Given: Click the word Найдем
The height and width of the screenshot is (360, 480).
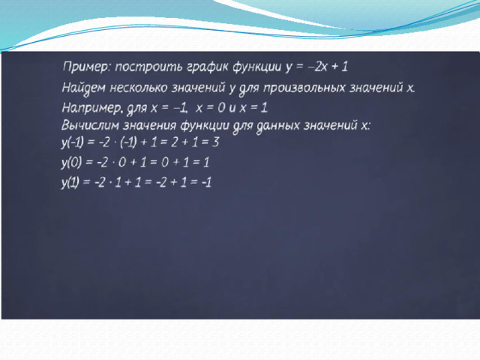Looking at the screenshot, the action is (x=83, y=88).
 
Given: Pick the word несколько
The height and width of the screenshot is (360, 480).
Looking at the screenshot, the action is (x=139, y=88).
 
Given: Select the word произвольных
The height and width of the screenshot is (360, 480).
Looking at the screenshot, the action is (x=304, y=88).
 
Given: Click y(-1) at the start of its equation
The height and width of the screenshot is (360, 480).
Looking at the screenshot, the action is (x=72, y=142).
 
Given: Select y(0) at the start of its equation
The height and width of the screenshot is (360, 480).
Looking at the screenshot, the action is (x=71, y=163).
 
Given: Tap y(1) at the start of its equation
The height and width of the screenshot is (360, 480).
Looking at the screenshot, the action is (x=70, y=182).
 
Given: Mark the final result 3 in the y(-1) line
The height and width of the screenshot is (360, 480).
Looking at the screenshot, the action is (x=215, y=142).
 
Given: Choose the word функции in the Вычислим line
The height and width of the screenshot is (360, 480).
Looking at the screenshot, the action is (x=205, y=126).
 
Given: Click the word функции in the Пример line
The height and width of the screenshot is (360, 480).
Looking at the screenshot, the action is (x=257, y=67).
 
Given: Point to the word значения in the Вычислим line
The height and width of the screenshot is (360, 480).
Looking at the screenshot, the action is (x=150, y=126).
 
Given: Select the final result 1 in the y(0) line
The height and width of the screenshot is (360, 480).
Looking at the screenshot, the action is (x=206, y=162).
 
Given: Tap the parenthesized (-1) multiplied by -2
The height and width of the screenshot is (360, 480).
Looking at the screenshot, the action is (x=128, y=142).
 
